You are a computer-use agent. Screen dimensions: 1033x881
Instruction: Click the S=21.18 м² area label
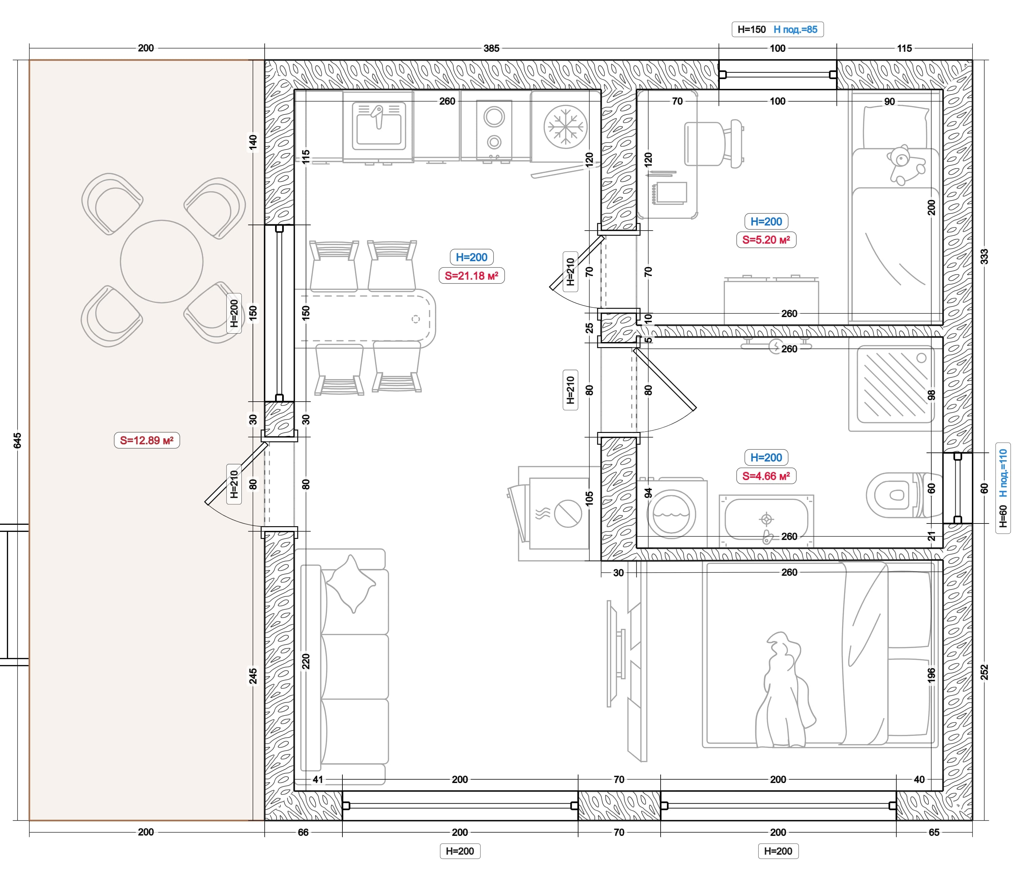point(471,276)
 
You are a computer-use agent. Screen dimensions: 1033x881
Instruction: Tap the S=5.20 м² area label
point(766,240)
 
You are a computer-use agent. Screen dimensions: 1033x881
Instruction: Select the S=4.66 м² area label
point(766,476)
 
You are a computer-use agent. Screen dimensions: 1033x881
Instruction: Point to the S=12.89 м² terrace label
point(146,440)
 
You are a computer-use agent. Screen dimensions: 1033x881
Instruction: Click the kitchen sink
point(379,126)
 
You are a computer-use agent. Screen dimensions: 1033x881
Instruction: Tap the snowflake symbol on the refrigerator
point(565,127)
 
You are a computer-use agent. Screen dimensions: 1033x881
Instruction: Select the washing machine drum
point(671,514)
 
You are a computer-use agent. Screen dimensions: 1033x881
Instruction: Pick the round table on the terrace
point(162,261)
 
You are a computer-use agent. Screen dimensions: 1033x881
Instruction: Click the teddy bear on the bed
point(904,165)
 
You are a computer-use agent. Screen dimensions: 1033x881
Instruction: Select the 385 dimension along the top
point(491,48)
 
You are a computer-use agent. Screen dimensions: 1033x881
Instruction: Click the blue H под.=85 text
point(795,29)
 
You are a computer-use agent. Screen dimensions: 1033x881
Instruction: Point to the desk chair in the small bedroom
point(714,144)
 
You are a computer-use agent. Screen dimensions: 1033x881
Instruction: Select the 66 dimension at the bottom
point(303,832)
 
